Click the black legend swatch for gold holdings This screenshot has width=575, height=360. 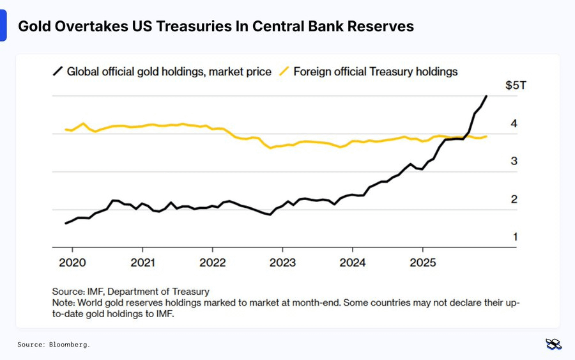coord(57,71)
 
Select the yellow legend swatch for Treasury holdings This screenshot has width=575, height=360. coord(285,71)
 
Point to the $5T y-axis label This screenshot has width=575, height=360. coord(516,86)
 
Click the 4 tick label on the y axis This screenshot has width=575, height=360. coord(514,123)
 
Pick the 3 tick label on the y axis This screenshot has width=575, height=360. coord(514,161)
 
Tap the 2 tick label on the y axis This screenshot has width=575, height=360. coord(514,199)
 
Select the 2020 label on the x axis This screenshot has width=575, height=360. coord(72,262)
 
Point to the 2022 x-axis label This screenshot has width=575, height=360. coord(212,262)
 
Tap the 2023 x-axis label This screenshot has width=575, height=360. coord(282,262)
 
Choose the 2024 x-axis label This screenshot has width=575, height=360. coord(352,262)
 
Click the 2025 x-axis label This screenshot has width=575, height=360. coord(422,262)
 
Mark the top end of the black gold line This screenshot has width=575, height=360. coord(487,96)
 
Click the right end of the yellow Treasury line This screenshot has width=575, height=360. coord(487,136)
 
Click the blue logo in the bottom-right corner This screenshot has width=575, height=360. coord(553,344)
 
